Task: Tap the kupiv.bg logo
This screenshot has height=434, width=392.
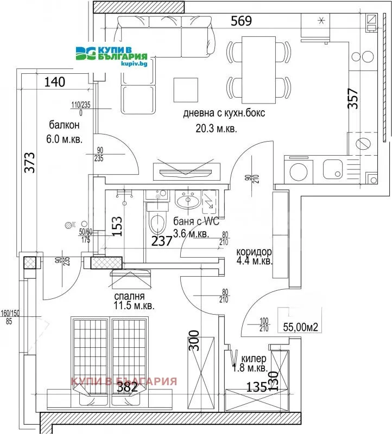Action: click(x=112, y=53)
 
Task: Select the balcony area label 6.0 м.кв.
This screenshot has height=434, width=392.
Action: click(x=65, y=139)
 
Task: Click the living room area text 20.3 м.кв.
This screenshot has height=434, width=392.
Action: click(x=217, y=129)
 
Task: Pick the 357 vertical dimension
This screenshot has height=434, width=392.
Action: click(x=353, y=99)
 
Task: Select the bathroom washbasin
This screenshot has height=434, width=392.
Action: click(x=188, y=201)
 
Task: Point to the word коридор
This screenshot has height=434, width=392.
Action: click(x=254, y=253)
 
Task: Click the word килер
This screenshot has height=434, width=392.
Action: click(x=254, y=359)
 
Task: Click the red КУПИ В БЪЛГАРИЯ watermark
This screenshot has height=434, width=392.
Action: click(x=124, y=380)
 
